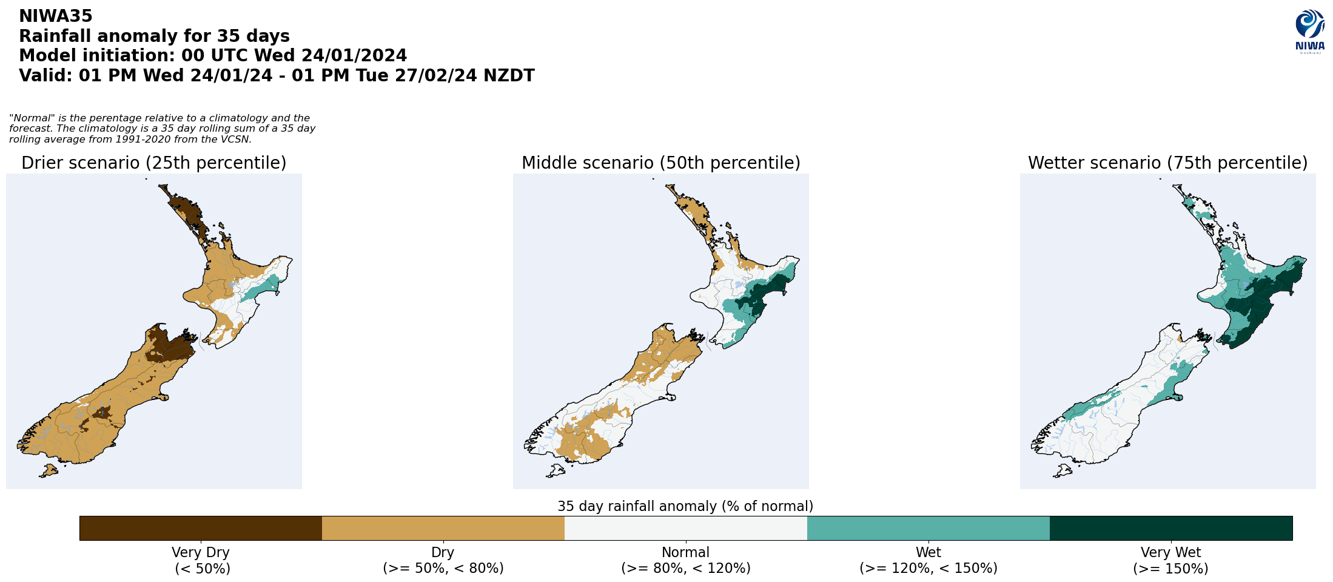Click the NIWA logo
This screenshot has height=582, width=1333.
coord(1309,32)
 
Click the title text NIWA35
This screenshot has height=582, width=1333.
coord(56,16)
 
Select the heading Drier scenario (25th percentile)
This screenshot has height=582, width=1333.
coord(154,163)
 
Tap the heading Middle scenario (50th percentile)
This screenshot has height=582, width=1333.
coord(661,163)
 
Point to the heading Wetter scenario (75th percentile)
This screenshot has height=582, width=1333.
coord(1167,163)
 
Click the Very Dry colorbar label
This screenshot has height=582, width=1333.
coord(201,560)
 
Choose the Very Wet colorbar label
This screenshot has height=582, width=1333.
coord(1170,560)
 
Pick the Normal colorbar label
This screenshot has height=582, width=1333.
coord(685,560)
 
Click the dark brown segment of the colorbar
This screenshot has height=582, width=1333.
coord(201,528)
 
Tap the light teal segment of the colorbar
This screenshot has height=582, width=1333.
coord(928,528)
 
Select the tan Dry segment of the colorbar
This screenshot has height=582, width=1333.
coord(443,528)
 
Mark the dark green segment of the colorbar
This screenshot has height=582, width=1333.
coord(1170,528)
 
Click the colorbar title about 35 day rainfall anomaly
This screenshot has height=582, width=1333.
coord(685,506)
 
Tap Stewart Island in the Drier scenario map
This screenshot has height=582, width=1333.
coord(48,470)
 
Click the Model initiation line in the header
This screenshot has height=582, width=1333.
coord(213,56)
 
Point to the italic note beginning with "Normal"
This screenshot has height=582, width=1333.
coord(162,129)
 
